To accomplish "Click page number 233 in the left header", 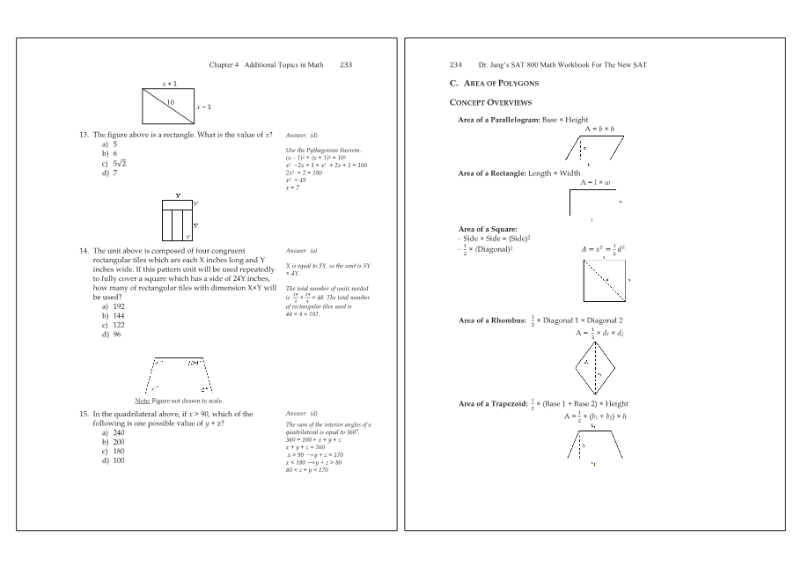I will (x=346, y=65).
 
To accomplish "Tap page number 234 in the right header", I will (x=456, y=65).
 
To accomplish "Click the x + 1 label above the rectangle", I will (x=169, y=84).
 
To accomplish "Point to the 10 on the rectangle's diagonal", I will (x=171, y=102).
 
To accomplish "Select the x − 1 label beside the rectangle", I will (x=203, y=107).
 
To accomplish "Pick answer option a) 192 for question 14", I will (x=112, y=306).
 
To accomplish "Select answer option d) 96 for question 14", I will (x=110, y=335).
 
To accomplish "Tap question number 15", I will (x=85, y=414).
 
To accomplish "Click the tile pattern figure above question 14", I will (x=177, y=219).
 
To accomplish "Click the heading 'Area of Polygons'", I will (x=500, y=84).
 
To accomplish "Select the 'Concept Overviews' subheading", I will (x=484, y=102).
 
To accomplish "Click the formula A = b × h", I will (x=599, y=129).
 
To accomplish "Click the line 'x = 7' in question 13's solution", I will (x=294, y=187).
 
